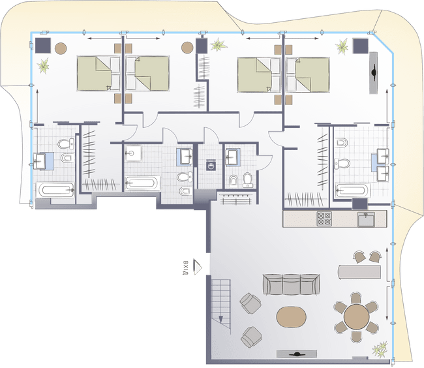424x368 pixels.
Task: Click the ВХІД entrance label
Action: click(185, 268)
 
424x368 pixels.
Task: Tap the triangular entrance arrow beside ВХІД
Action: click(198, 267)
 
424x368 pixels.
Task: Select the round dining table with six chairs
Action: click(356, 316)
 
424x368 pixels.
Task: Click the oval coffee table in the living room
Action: click(291, 317)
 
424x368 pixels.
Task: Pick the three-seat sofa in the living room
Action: click(291, 284)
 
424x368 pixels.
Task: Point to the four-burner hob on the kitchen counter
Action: click(324, 219)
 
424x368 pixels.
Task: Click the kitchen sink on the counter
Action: click(366, 219)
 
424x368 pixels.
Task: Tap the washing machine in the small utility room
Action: click(211, 165)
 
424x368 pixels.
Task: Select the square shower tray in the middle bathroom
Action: click(133, 153)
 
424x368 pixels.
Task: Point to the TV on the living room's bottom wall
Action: click(297, 354)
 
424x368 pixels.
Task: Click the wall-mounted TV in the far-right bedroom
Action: click(373, 72)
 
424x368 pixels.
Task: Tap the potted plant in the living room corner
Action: click(380, 349)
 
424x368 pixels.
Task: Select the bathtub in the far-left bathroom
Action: click(55, 190)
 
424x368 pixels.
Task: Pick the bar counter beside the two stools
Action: click(359, 271)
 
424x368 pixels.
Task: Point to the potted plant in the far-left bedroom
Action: click(44, 65)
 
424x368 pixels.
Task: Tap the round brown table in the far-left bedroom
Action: click(61, 48)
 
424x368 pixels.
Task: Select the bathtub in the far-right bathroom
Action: click(352, 191)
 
